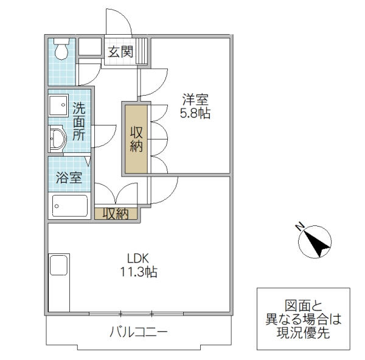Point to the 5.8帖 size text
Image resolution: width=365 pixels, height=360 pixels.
pos(195,113)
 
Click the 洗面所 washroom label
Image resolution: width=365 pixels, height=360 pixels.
pos(79,122)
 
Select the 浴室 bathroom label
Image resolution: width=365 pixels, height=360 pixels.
pos(68,178)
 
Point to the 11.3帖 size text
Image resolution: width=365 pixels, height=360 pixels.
pos(138,272)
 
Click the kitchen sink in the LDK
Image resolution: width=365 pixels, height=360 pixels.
pos(60,266)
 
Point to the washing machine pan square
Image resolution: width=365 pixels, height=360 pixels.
pos(59,105)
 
